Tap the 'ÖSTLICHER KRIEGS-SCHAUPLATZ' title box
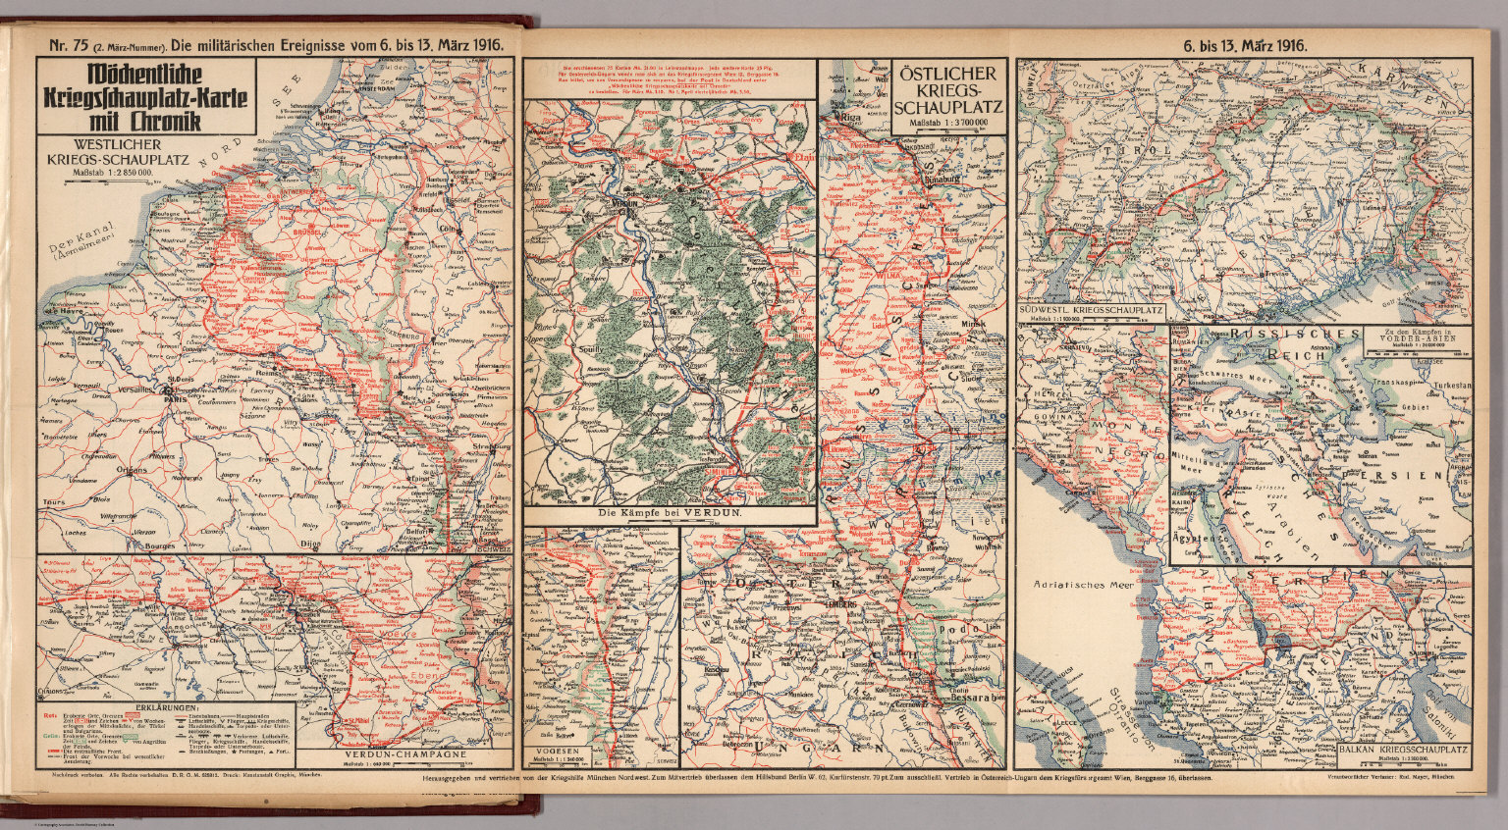pyautogui.click(x=949, y=89)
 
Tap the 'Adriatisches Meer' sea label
pyautogui.click(x=1083, y=584)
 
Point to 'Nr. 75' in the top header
pyautogui.click(x=56, y=44)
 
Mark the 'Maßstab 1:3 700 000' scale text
pyautogui.click(x=949, y=123)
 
